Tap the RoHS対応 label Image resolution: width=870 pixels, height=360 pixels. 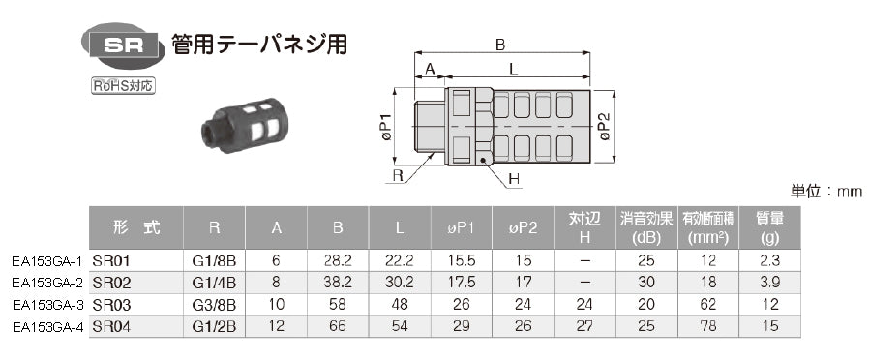[x=123, y=86]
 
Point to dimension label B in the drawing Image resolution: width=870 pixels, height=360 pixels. [x=500, y=45]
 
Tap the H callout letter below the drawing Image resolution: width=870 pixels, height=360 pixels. [x=514, y=178]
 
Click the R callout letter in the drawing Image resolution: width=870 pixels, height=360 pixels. [x=398, y=176]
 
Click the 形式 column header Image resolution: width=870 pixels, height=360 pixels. [x=135, y=228]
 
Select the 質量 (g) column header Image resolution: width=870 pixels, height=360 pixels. [x=771, y=228]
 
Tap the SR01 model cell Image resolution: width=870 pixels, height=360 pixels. [x=111, y=261]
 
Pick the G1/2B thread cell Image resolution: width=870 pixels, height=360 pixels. [x=215, y=326]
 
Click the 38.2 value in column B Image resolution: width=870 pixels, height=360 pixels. [x=338, y=283]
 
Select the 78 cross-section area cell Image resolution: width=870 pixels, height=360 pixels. [x=708, y=326]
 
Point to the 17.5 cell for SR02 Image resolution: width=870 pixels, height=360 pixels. [x=462, y=283]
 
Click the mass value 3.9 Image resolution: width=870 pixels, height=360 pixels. [x=771, y=283]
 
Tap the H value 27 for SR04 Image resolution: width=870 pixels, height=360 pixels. [x=584, y=326]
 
